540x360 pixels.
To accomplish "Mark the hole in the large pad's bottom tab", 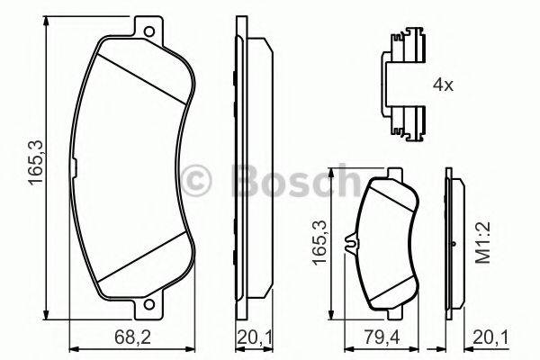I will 144,311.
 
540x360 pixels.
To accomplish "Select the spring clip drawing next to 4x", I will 403,86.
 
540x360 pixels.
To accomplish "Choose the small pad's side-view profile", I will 456,243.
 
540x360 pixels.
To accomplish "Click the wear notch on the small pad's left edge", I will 356,243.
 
